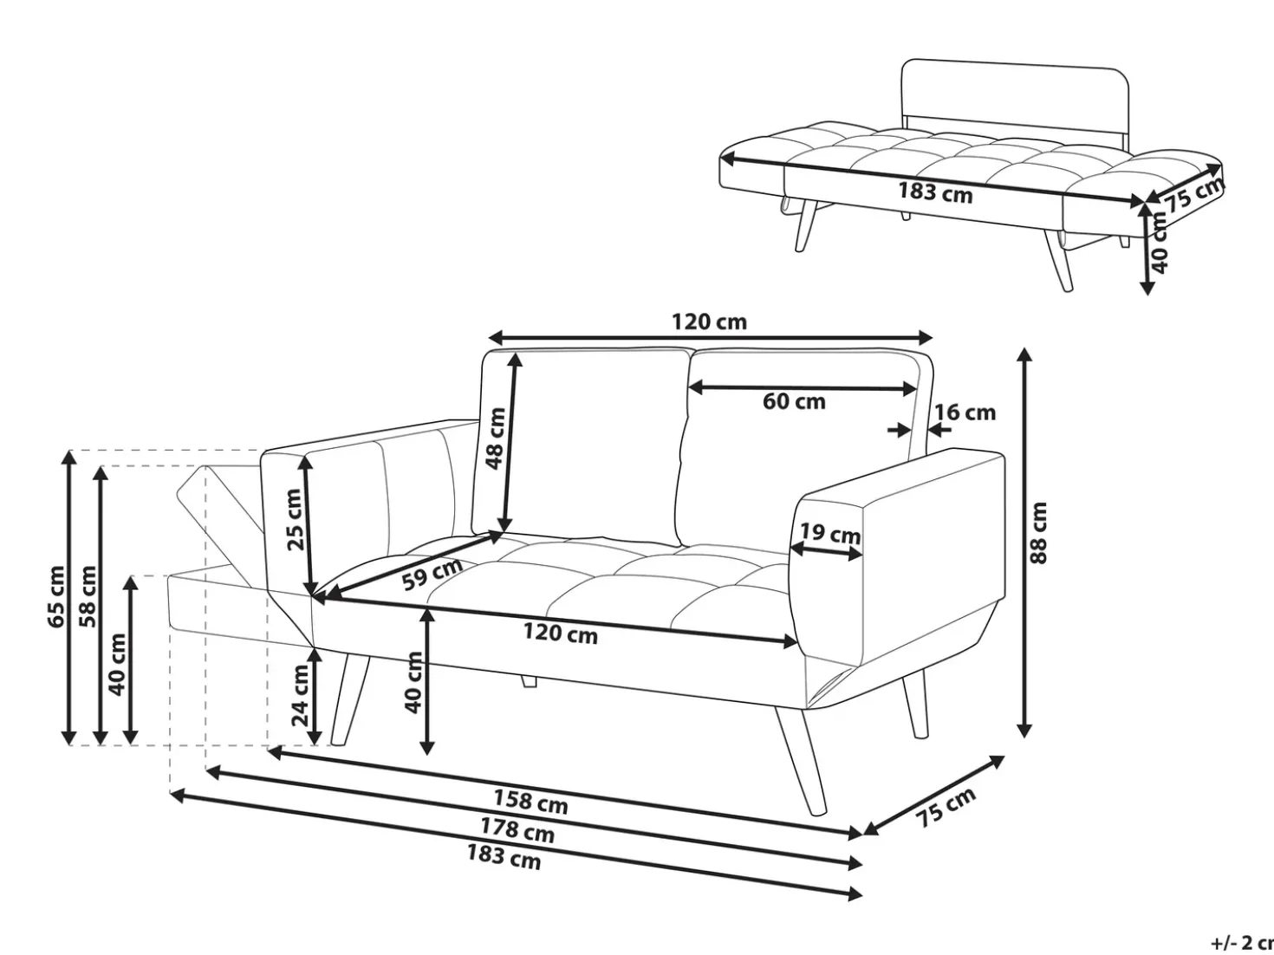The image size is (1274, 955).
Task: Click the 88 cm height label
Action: (x=1038, y=533)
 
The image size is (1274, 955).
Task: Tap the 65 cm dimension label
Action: (x=56, y=597)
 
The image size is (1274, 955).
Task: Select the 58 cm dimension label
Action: (x=88, y=597)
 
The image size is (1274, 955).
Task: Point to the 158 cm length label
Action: (x=530, y=802)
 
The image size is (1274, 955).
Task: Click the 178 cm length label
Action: (x=517, y=830)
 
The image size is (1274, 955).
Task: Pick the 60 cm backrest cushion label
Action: (x=794, y=401)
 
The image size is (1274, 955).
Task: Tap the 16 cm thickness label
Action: (x=965, y=413)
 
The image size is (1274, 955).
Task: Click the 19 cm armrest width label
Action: (x=830, y=532)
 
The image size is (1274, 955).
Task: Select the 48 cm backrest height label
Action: (x=496, y=438)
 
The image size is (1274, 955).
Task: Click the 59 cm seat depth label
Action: (x=432, y=573)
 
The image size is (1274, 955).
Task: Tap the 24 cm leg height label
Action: (x=301, y=696)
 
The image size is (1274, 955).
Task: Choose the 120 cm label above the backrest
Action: (x=709, y=322)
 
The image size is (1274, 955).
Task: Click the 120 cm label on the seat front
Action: (x=560, y=634)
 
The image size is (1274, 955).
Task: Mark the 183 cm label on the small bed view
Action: (x=936, y=192)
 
